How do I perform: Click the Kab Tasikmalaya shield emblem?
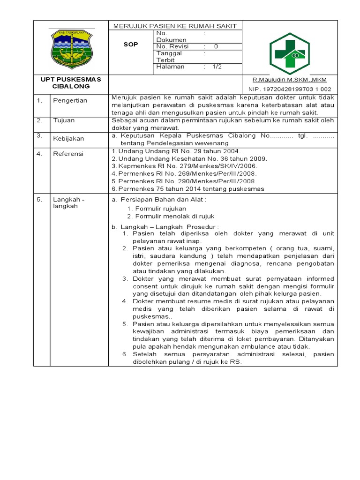(x=72, y=48)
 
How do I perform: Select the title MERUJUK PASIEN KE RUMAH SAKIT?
(x=175, y=26)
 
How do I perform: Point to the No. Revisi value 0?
(x=216, y=46)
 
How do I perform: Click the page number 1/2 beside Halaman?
(x=217, y=67)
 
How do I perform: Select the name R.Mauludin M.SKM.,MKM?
(x=290, y=79)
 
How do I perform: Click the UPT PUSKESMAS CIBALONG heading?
(x=71, y=82)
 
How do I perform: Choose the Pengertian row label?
(x=70, y=101)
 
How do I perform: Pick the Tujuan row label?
(x=64, y=120)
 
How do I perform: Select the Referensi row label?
(x=68, y=154)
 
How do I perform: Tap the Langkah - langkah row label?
(x=69, y=202)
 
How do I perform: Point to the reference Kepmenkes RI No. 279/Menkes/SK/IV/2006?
(x=185, y=166)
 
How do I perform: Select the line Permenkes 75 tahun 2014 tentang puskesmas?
(x=188, y=189)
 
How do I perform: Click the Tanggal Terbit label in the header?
(x=169, y=57)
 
